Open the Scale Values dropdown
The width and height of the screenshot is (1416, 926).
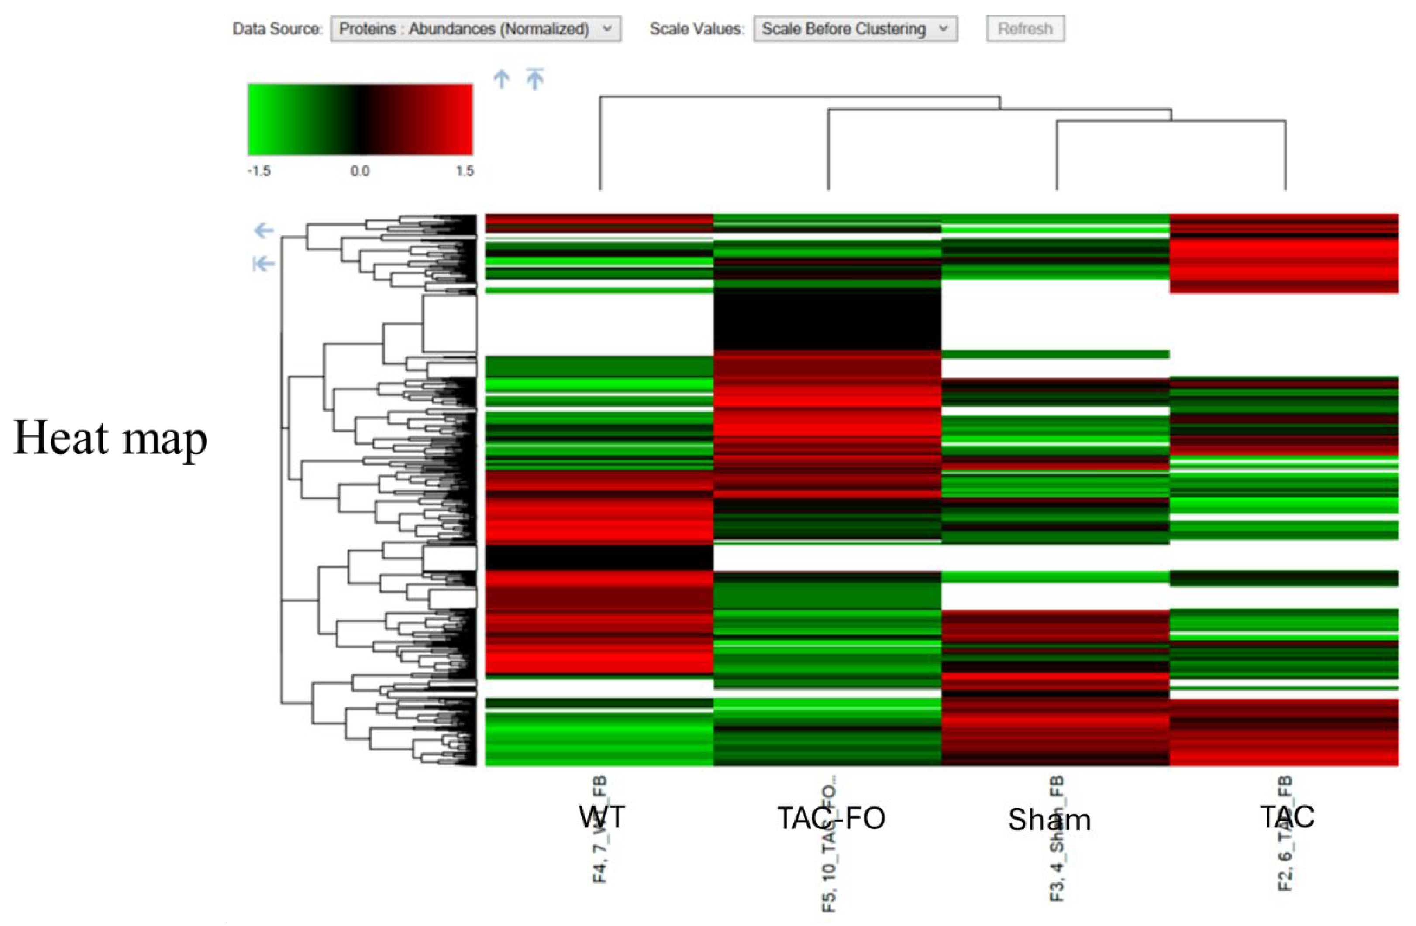point(855,28)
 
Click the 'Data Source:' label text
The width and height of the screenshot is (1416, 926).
point(277,28)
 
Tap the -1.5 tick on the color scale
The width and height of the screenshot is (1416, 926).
point(259,171)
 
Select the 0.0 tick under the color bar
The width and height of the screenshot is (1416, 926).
point(360,171)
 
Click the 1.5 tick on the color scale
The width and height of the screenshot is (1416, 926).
point(465,171)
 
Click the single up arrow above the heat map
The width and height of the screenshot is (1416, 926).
point(502,79)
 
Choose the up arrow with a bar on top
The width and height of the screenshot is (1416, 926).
point(535,79)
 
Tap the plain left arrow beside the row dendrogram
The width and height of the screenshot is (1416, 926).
point(264,230)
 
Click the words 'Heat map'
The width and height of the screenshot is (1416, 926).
point(110,438)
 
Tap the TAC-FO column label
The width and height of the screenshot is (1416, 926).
point(831,818)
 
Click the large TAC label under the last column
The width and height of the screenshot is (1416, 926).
point(1287,816)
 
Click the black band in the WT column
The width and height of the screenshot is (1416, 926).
point(599,558)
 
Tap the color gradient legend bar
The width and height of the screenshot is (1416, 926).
point(360,120)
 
